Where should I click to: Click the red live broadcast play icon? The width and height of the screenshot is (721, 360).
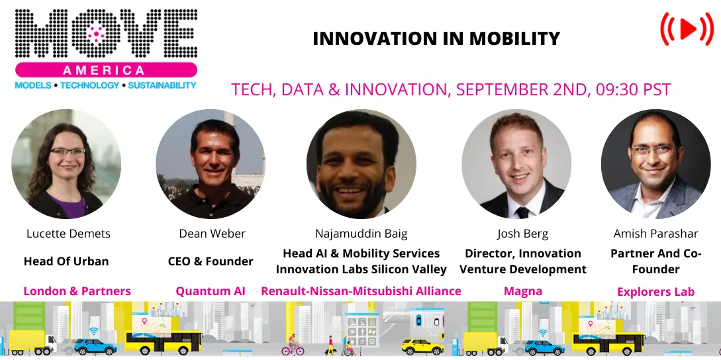(x=687, y=29)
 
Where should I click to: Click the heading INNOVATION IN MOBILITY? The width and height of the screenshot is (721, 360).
(x=436, y=39)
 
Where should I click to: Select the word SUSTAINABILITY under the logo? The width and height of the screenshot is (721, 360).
(x=162, y=85)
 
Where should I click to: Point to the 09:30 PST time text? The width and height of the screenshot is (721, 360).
(x=631, y=89)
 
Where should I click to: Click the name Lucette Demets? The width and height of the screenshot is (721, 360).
(x=68, y=234)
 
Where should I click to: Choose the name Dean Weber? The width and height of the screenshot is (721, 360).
(x=212, y=234)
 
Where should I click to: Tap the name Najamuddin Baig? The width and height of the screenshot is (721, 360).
(x=361, y=234)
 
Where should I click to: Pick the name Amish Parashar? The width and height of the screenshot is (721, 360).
(x=655, y=234)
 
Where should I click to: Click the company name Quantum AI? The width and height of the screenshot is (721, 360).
(x=211, y=291)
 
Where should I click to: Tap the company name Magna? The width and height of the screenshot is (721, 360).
(x=523, y=291)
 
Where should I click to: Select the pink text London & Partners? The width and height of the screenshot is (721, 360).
(x=77, y=291)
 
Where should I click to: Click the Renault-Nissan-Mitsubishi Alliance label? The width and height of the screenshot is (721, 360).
(x=361, y=291)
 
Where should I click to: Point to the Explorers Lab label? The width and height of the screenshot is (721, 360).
(x=655, y=291)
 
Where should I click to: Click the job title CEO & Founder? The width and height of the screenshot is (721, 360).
(x=211, y=261)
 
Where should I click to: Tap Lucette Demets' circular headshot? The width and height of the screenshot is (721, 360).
(x=66, y=164)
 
